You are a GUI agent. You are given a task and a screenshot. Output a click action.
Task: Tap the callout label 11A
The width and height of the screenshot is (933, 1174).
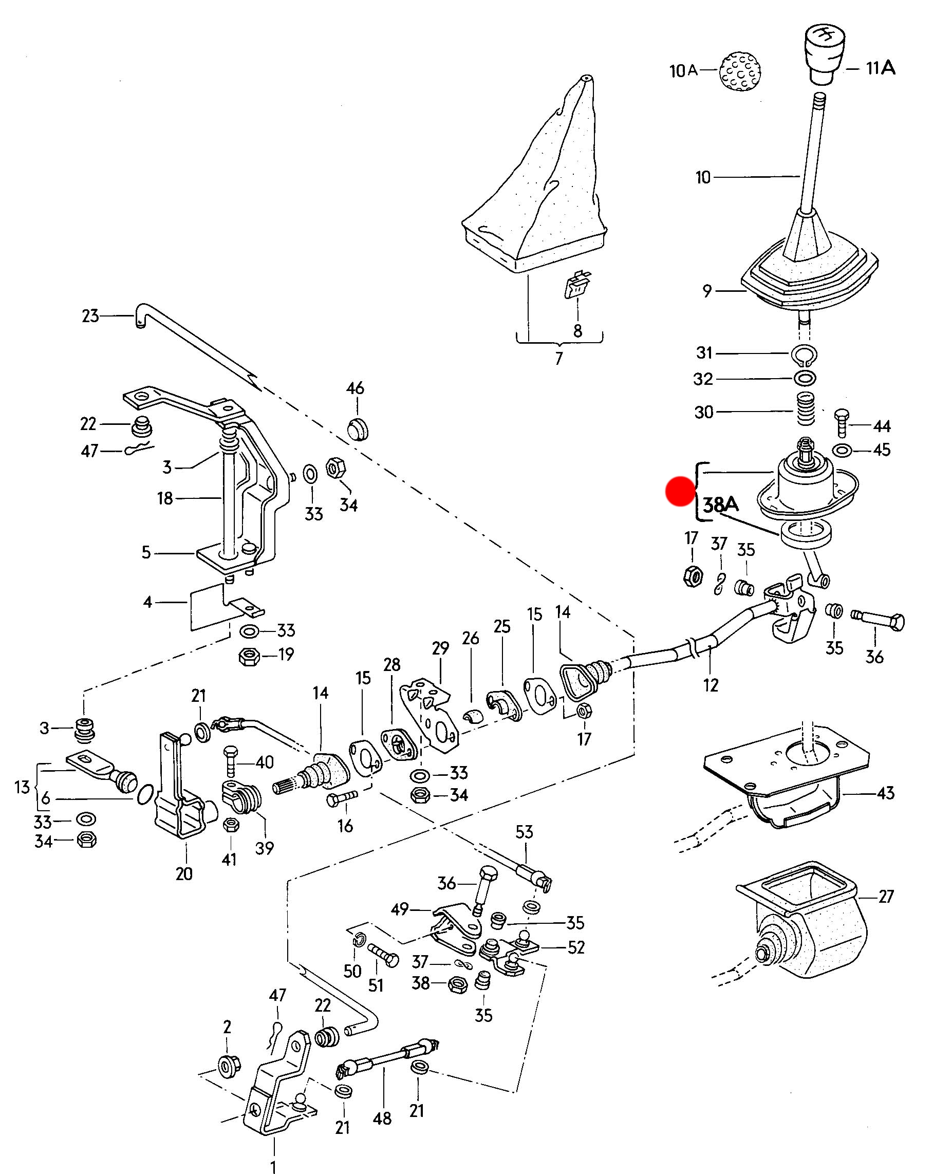[880, 68]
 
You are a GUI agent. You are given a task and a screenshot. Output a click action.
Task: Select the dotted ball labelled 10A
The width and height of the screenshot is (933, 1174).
[740, 71]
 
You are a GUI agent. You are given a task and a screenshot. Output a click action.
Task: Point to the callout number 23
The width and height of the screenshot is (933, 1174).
[90, 316]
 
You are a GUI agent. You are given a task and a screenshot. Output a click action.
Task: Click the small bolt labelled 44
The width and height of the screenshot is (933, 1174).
[842, 422]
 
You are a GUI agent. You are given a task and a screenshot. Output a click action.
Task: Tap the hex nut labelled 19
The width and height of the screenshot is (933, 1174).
[250, 657]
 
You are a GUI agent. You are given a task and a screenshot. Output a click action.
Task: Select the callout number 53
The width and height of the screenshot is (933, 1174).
[524, 831]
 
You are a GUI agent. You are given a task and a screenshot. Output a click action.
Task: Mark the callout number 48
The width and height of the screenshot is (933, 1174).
[382, 1119]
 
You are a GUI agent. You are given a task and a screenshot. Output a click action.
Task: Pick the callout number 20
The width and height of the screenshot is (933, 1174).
[184, 873]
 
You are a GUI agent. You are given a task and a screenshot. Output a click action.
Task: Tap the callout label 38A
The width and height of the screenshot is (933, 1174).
[721, 505]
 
